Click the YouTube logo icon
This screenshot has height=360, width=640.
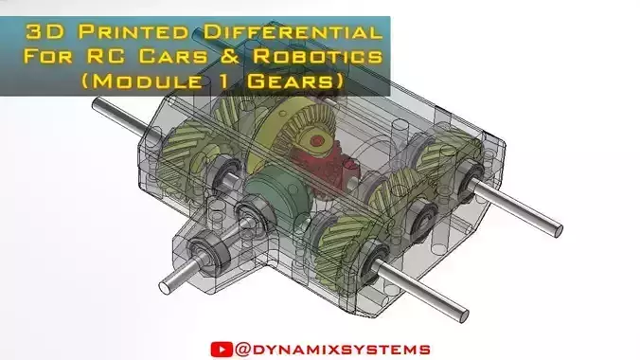(220, 349)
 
